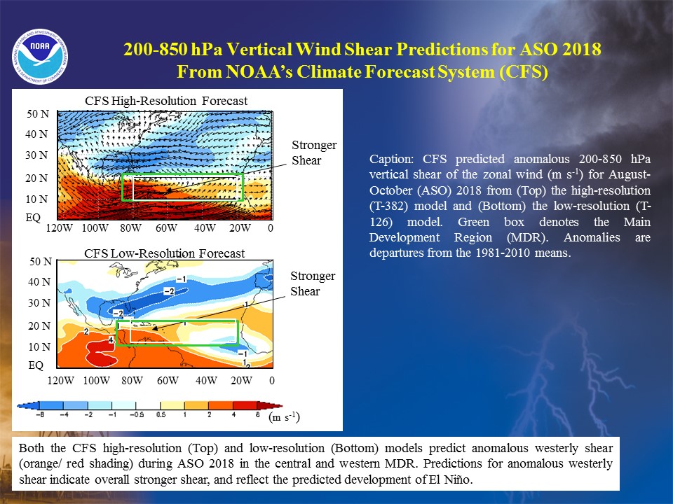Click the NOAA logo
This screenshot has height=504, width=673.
point(40,57)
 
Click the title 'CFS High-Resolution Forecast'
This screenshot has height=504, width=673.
point(166,101)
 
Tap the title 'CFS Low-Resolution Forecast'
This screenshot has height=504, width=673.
point(164,253)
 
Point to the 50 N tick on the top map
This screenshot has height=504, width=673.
point(38,114)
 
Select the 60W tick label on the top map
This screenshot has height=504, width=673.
point(167,228)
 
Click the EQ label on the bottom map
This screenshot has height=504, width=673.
point(36,365)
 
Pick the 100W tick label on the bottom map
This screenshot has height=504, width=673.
point(97,381)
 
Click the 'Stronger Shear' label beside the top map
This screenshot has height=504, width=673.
point(314,153)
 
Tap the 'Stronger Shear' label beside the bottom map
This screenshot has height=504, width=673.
point(313,283)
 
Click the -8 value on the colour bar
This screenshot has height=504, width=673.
point(39,415)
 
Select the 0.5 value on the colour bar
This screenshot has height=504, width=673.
point(161,415)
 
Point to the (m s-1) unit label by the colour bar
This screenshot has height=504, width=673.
point(284,417)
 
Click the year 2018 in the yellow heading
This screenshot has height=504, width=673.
point(582,49)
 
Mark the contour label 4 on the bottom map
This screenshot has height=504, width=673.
point(110,340)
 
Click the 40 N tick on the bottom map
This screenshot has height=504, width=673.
point(39,282)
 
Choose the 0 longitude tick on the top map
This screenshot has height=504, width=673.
point(271,228)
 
